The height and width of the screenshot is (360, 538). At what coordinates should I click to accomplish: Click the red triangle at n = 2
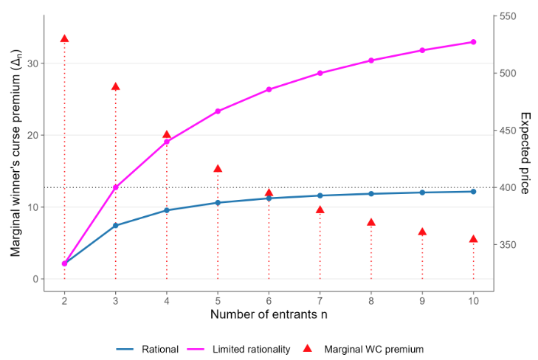pos(64,39)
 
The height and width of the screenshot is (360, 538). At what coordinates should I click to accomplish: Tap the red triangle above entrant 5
pos(218,169)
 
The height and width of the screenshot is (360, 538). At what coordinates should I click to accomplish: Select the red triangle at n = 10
pos(473,239)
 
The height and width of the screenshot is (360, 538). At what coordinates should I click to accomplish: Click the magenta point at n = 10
pos(473,42)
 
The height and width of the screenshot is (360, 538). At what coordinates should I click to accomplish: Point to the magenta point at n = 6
pos(269,89)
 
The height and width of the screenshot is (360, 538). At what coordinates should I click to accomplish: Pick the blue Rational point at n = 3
pos(115,226)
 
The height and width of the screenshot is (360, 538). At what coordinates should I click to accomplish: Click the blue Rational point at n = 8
pos(371,194)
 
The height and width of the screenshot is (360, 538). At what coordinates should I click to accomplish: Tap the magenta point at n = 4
pos(167,141)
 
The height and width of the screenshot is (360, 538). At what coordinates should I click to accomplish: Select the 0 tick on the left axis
pos(35,279)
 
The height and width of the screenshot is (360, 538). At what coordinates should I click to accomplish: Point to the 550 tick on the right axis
pos(508,16)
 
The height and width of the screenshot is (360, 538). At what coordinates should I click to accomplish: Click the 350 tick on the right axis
pos(508,245)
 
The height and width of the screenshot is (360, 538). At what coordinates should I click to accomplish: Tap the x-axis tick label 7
pos(320,300)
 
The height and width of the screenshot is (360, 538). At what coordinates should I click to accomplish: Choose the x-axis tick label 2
pos(64,300)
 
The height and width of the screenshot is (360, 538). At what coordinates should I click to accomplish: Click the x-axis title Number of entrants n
pos(269,315)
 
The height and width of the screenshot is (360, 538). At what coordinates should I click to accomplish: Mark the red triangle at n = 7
pos(320,210)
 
